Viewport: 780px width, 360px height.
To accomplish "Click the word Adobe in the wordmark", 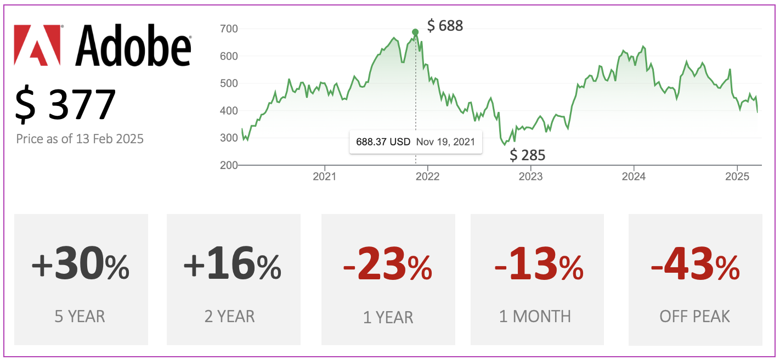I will tap(133, 45).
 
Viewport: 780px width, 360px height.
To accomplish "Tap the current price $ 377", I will tap(66, 104).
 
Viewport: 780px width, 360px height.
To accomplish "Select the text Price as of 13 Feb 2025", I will tap(80, 139).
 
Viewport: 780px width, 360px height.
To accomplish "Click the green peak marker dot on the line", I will tap(415, 32).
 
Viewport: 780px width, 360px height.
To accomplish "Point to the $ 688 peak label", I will tap(445, 26).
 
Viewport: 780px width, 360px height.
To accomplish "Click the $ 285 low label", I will tap(528, 155).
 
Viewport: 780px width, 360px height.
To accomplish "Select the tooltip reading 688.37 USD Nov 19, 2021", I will tap(415, 142).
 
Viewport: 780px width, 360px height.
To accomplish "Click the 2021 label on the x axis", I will tap(324, 177).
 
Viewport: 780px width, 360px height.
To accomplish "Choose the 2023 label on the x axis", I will tap(530, 177).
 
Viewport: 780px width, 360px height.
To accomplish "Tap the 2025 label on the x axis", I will tap(737, 177).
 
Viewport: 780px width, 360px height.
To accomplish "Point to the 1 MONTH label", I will tap(535, 317).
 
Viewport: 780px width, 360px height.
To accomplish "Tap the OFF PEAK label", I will tap(695, 317).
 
